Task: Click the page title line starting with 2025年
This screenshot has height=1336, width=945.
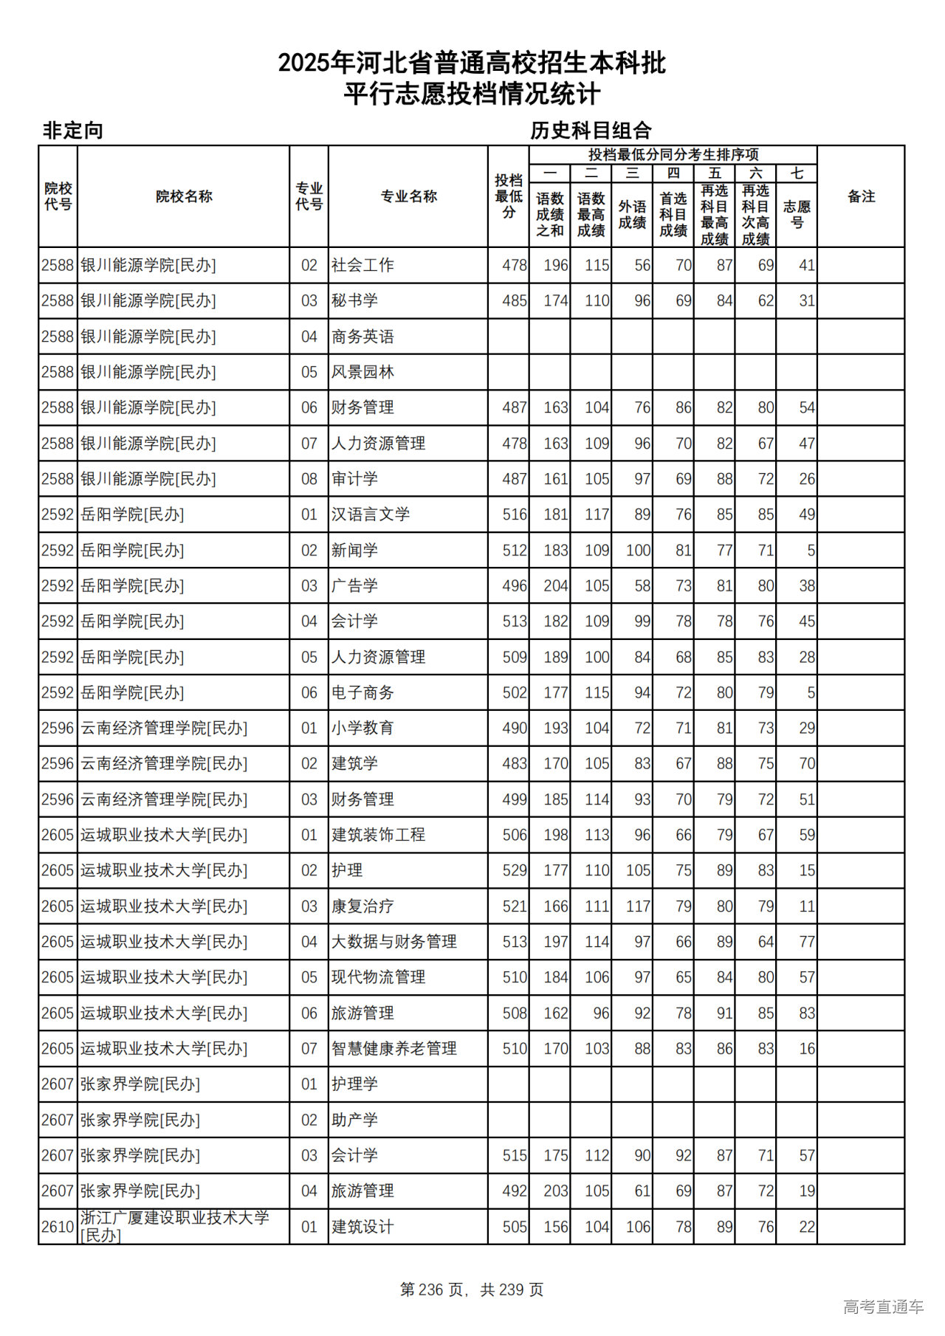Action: (472, 63)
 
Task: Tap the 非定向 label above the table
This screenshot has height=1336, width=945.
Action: (72, 131)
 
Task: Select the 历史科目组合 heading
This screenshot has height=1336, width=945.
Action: (591, 131)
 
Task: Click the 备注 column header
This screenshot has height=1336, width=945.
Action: (861, 196)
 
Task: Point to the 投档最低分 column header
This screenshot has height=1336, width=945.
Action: (509, 196)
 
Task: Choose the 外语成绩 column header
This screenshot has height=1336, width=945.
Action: (632, 214)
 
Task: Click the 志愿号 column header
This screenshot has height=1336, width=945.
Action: (797, 214)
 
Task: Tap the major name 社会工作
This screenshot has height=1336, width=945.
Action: (362, 265)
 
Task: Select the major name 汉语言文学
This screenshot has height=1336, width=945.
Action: (371, 514)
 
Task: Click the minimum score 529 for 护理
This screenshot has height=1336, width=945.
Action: (515, 870)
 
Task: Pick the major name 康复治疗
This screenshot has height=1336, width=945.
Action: (362, 906)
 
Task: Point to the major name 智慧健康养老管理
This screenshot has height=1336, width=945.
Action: (394, 1048)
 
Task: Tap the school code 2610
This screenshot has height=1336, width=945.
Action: (58, 1227)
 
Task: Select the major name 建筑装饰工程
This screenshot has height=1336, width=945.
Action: (379, 835)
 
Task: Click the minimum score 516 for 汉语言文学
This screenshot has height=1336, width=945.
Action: (515, 514)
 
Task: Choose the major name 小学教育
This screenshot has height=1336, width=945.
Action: (362, 728)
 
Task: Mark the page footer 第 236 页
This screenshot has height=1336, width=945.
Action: (432, 1289)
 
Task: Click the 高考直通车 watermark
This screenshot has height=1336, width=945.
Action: (883, 1306)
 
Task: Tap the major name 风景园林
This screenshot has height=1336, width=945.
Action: (362, 372)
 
